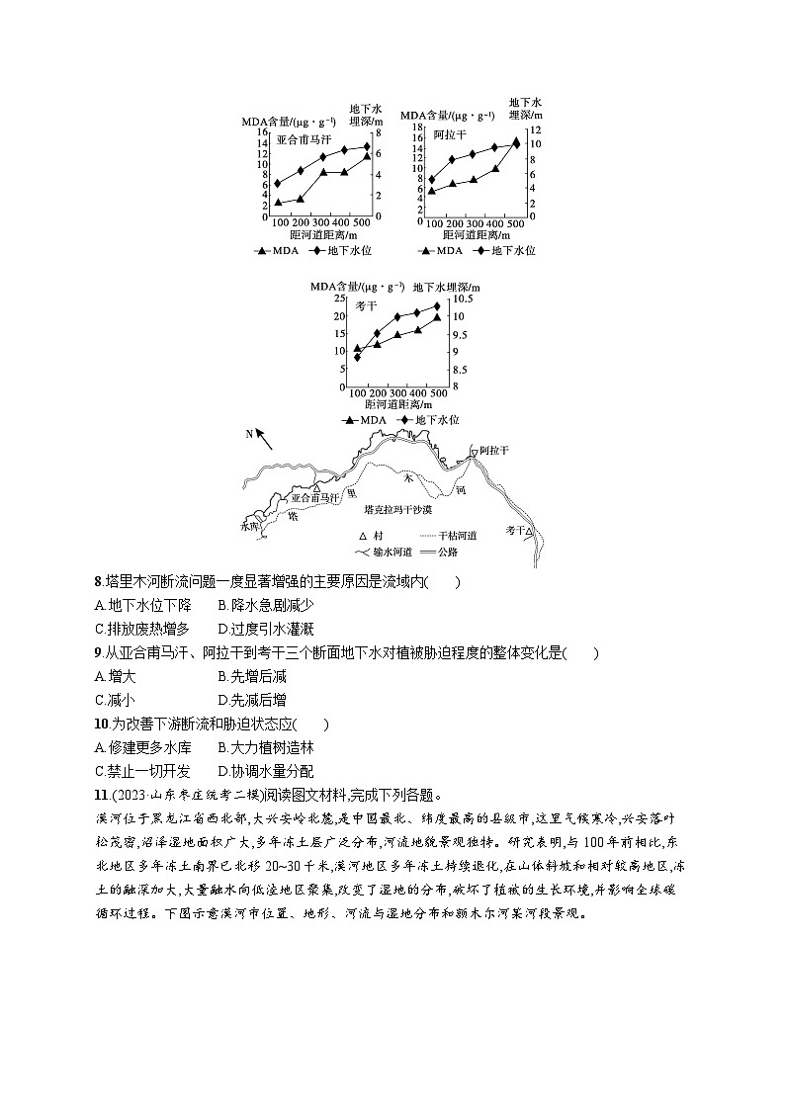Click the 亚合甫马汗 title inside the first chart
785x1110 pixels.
tap(304, 139)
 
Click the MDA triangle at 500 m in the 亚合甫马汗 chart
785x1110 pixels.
tap(366, 156)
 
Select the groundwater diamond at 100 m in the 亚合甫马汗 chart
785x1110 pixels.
tap(279, 183)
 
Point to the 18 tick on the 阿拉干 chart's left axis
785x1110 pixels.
tap(419, 128)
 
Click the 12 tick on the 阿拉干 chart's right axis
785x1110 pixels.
tap(534, 129)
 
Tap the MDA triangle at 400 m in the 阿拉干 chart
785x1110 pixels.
tap(494, 168)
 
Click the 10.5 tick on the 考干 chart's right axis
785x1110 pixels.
tap(463, 299)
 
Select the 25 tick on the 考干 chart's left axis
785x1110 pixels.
tap(340, 299)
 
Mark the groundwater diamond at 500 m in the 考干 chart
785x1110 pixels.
tap(437, 306)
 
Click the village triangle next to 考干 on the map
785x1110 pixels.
tap(530, 531)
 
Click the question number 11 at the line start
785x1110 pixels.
tap(99, 795)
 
